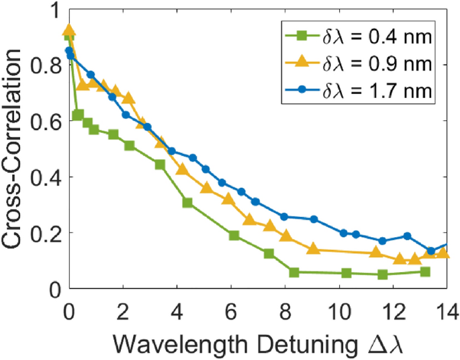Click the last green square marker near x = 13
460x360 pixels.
click(424, 271)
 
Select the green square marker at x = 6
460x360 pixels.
click(234, 235)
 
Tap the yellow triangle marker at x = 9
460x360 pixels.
click(312, 249)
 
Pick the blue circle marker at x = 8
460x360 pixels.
click(285, 217)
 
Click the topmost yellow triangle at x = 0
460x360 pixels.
click(68, 31)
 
